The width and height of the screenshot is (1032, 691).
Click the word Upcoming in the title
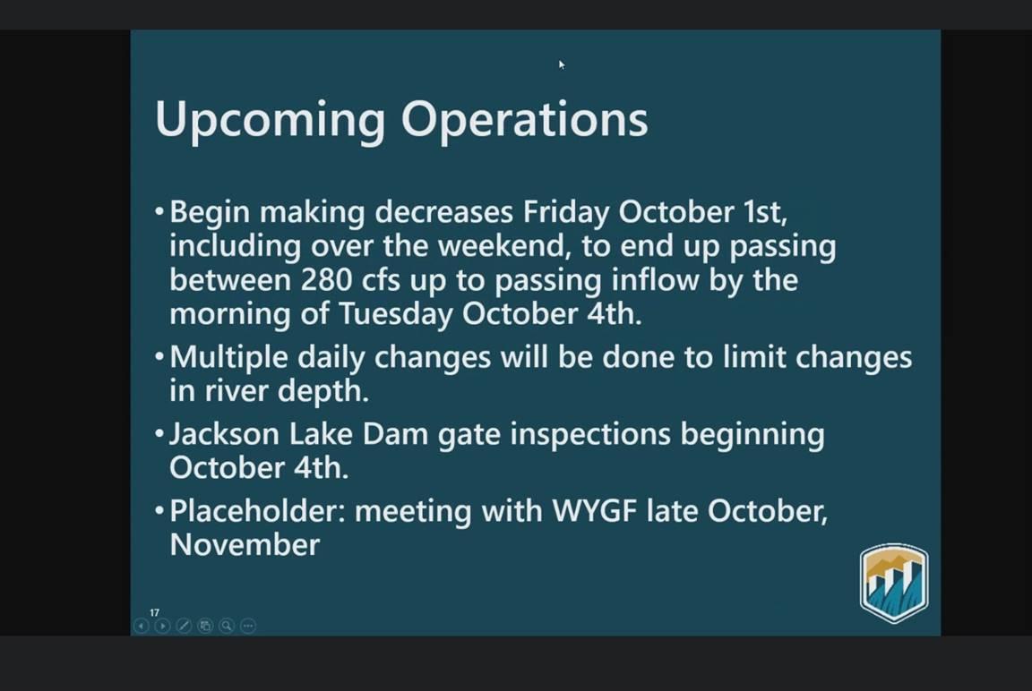click(x=270, y=120)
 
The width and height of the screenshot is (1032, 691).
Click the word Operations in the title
click(x=525, y=119)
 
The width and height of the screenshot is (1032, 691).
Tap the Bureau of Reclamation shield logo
click(x=894, y=584)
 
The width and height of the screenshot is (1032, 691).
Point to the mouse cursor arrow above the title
click(x=562, y=64)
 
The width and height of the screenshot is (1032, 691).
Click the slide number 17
click(x=155, y=612)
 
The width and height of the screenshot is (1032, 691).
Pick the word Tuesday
click(x=396, y=313)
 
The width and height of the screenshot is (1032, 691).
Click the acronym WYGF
click(x=594, y=511)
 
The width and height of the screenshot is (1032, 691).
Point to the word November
click(x=245, y=545)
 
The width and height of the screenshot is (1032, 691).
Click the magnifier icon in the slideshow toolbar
click(x=227, y=626)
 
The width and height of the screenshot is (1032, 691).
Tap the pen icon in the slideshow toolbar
click(x=184, y=626)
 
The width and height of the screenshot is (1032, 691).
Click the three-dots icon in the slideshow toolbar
click(x=248, y=626)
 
